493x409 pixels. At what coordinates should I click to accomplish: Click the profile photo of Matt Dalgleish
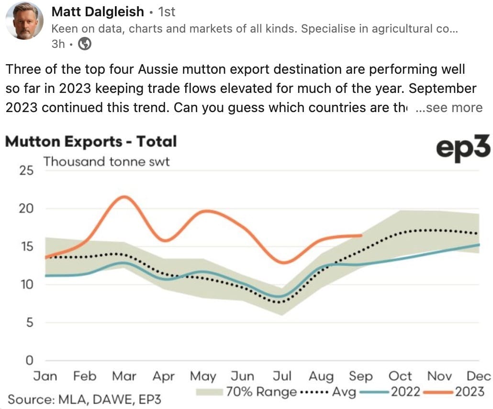[24, 21]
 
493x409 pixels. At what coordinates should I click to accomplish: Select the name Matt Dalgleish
[98, 12]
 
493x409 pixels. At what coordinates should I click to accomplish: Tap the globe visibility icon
[85, 44]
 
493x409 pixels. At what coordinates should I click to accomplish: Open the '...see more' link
[449, 108]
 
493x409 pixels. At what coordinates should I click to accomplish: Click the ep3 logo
[463, 147]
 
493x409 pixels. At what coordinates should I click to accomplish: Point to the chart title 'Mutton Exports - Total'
[91, 142]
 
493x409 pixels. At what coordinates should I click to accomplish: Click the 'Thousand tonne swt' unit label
[107, 162]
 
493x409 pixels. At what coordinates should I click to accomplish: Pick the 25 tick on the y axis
[26, 170]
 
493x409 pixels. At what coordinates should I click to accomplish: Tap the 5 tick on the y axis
[30, 322]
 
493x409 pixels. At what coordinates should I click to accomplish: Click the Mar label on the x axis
[124, 376]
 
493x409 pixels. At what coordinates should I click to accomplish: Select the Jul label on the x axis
[282, 376]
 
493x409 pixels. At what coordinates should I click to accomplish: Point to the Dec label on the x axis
[479, 376]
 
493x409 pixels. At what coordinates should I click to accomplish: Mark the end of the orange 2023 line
[361, 235]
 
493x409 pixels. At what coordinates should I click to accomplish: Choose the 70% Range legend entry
[246, 392]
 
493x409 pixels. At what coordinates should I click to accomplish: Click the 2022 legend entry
[390, 392]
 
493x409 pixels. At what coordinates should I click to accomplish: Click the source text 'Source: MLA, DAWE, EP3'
[84, 399]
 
